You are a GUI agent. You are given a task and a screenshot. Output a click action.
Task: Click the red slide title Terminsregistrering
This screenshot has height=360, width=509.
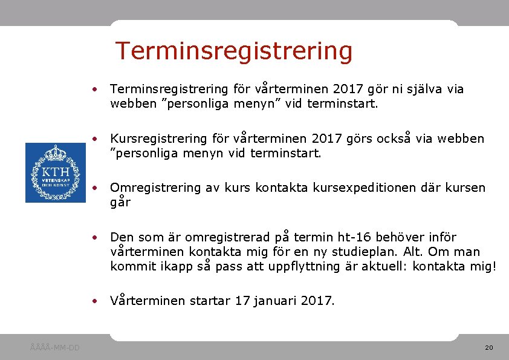point(233,51)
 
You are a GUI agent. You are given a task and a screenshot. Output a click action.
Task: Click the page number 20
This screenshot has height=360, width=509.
point(489,348)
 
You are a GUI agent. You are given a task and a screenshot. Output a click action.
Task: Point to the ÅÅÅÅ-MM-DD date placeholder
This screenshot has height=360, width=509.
point(54,348)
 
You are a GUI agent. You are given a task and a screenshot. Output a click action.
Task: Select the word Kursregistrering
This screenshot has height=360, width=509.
point(158,139)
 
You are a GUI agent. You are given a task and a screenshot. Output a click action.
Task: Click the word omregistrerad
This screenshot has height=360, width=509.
point(227,237)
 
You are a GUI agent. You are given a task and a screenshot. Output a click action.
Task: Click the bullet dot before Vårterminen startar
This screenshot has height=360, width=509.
point(96,301)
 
